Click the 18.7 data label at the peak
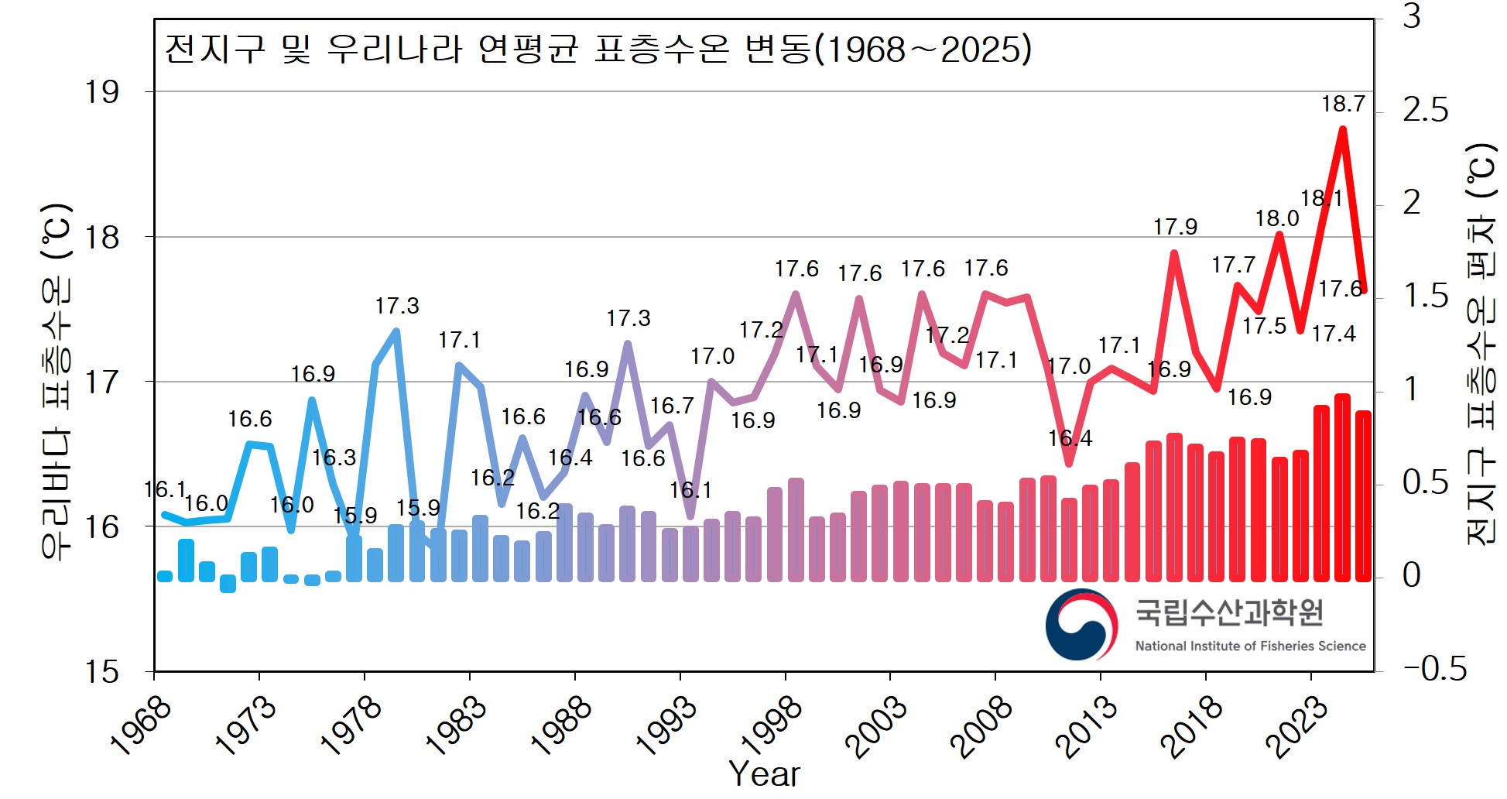1342,104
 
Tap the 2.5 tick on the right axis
1425,111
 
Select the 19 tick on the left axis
102,92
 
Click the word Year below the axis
764,773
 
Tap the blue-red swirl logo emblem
1081,624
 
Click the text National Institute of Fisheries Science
1250,646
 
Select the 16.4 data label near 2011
1070,438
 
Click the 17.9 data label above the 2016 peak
1174,227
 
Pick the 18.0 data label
1276,219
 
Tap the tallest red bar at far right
1342,488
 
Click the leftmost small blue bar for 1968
165,576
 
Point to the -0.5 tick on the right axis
1434,669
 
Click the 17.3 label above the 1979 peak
396,306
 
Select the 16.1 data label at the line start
164,489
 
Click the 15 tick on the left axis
102,672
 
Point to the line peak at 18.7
1342,129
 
